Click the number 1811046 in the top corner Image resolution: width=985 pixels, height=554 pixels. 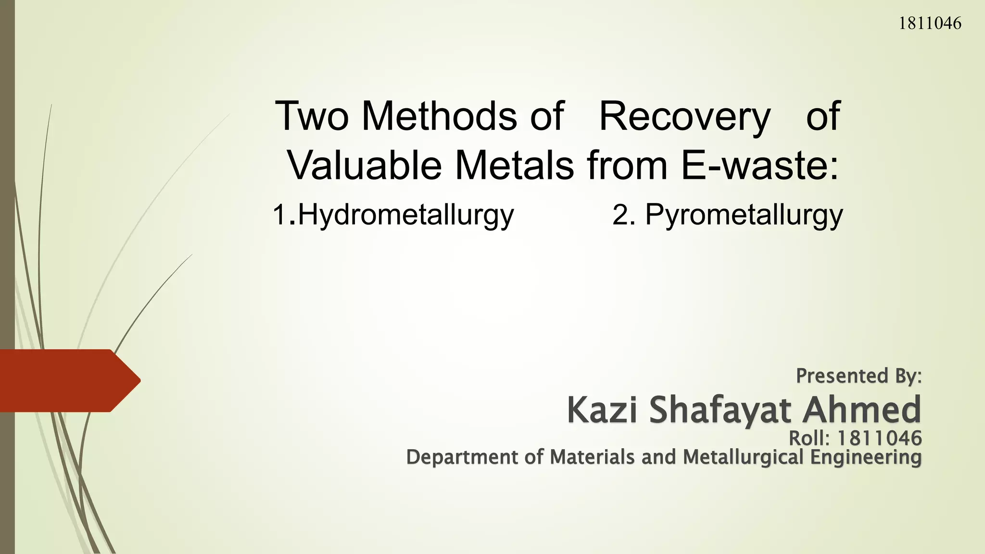click(930, 23)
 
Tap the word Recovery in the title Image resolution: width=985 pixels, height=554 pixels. click(684, 117)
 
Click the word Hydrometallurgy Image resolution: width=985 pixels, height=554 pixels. click(406, 215)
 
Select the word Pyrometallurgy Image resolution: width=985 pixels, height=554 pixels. click(744, 215)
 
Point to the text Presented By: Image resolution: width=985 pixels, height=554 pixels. click(859, 376)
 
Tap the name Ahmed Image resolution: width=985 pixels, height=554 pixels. click(862, 410)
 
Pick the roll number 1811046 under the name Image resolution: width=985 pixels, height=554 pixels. click(880, 438)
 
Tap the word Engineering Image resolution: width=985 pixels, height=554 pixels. click(866, 457)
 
